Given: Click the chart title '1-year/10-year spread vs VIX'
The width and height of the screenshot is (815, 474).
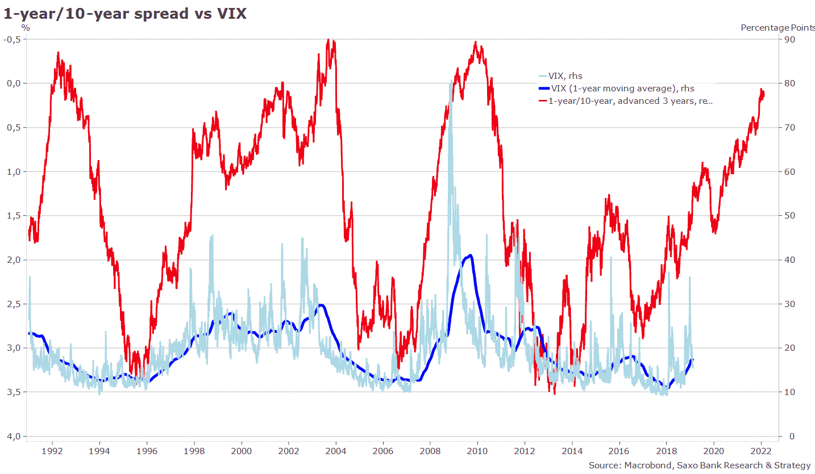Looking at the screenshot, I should pyautogui.click(x=125, y=14).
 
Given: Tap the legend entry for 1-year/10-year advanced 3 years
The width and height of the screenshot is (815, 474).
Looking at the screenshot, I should pyautogui.click(x=630, y=101).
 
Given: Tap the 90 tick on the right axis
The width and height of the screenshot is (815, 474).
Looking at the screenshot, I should pyautogui.click(x=790, y=39).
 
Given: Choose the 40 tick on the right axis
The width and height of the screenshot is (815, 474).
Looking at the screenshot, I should pyautogui.click(x=790, y=259).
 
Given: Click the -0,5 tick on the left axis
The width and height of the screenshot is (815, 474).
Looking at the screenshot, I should pyautogui.click(x=13, y=39).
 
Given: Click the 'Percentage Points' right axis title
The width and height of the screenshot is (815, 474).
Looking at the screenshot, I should pyautogui.click(x=777, y=28).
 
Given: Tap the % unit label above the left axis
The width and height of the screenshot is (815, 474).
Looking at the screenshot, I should pyautogui.click(x=25, y=27).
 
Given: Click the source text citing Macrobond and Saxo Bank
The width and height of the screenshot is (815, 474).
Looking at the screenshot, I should pyautogui.click(x=700, y=465).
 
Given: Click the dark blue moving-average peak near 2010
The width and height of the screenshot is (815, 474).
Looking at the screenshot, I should pyautogui.click(x=470, y=255).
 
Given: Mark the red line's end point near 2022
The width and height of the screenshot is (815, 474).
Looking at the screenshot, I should pyautogui.click(x=764, y=94).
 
